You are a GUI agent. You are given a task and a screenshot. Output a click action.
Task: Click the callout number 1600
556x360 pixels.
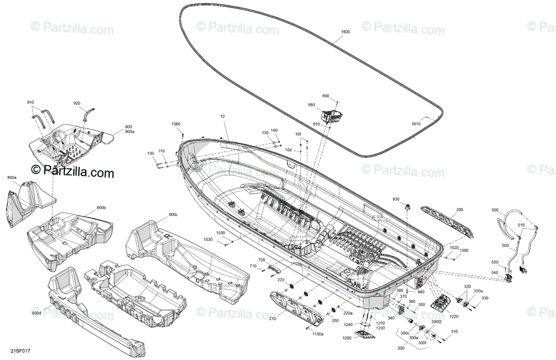(345, 32)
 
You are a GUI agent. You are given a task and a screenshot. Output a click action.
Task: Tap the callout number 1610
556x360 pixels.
(416, 124)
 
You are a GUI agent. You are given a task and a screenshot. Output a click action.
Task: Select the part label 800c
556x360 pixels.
(173, 215)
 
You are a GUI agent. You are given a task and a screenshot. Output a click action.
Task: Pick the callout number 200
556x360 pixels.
(460, 210)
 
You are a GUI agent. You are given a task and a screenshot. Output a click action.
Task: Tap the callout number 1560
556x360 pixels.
(176, 124)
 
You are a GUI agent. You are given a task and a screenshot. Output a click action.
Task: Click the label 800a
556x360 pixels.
(12, 177)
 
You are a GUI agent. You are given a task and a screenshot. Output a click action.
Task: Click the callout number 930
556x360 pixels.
(396, 199)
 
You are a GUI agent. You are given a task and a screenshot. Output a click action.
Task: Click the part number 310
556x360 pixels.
(454, 331)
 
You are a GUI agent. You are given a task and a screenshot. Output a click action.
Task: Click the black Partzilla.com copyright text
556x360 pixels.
(72, 172)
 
